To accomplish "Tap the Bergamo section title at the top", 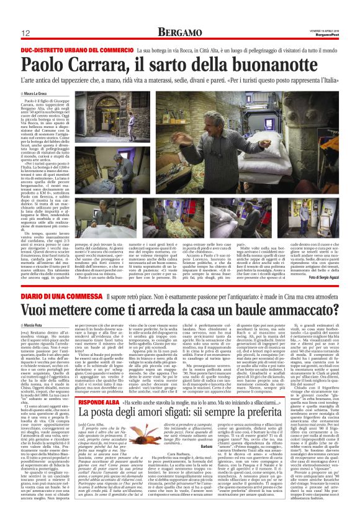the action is [x=179, y=32].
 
